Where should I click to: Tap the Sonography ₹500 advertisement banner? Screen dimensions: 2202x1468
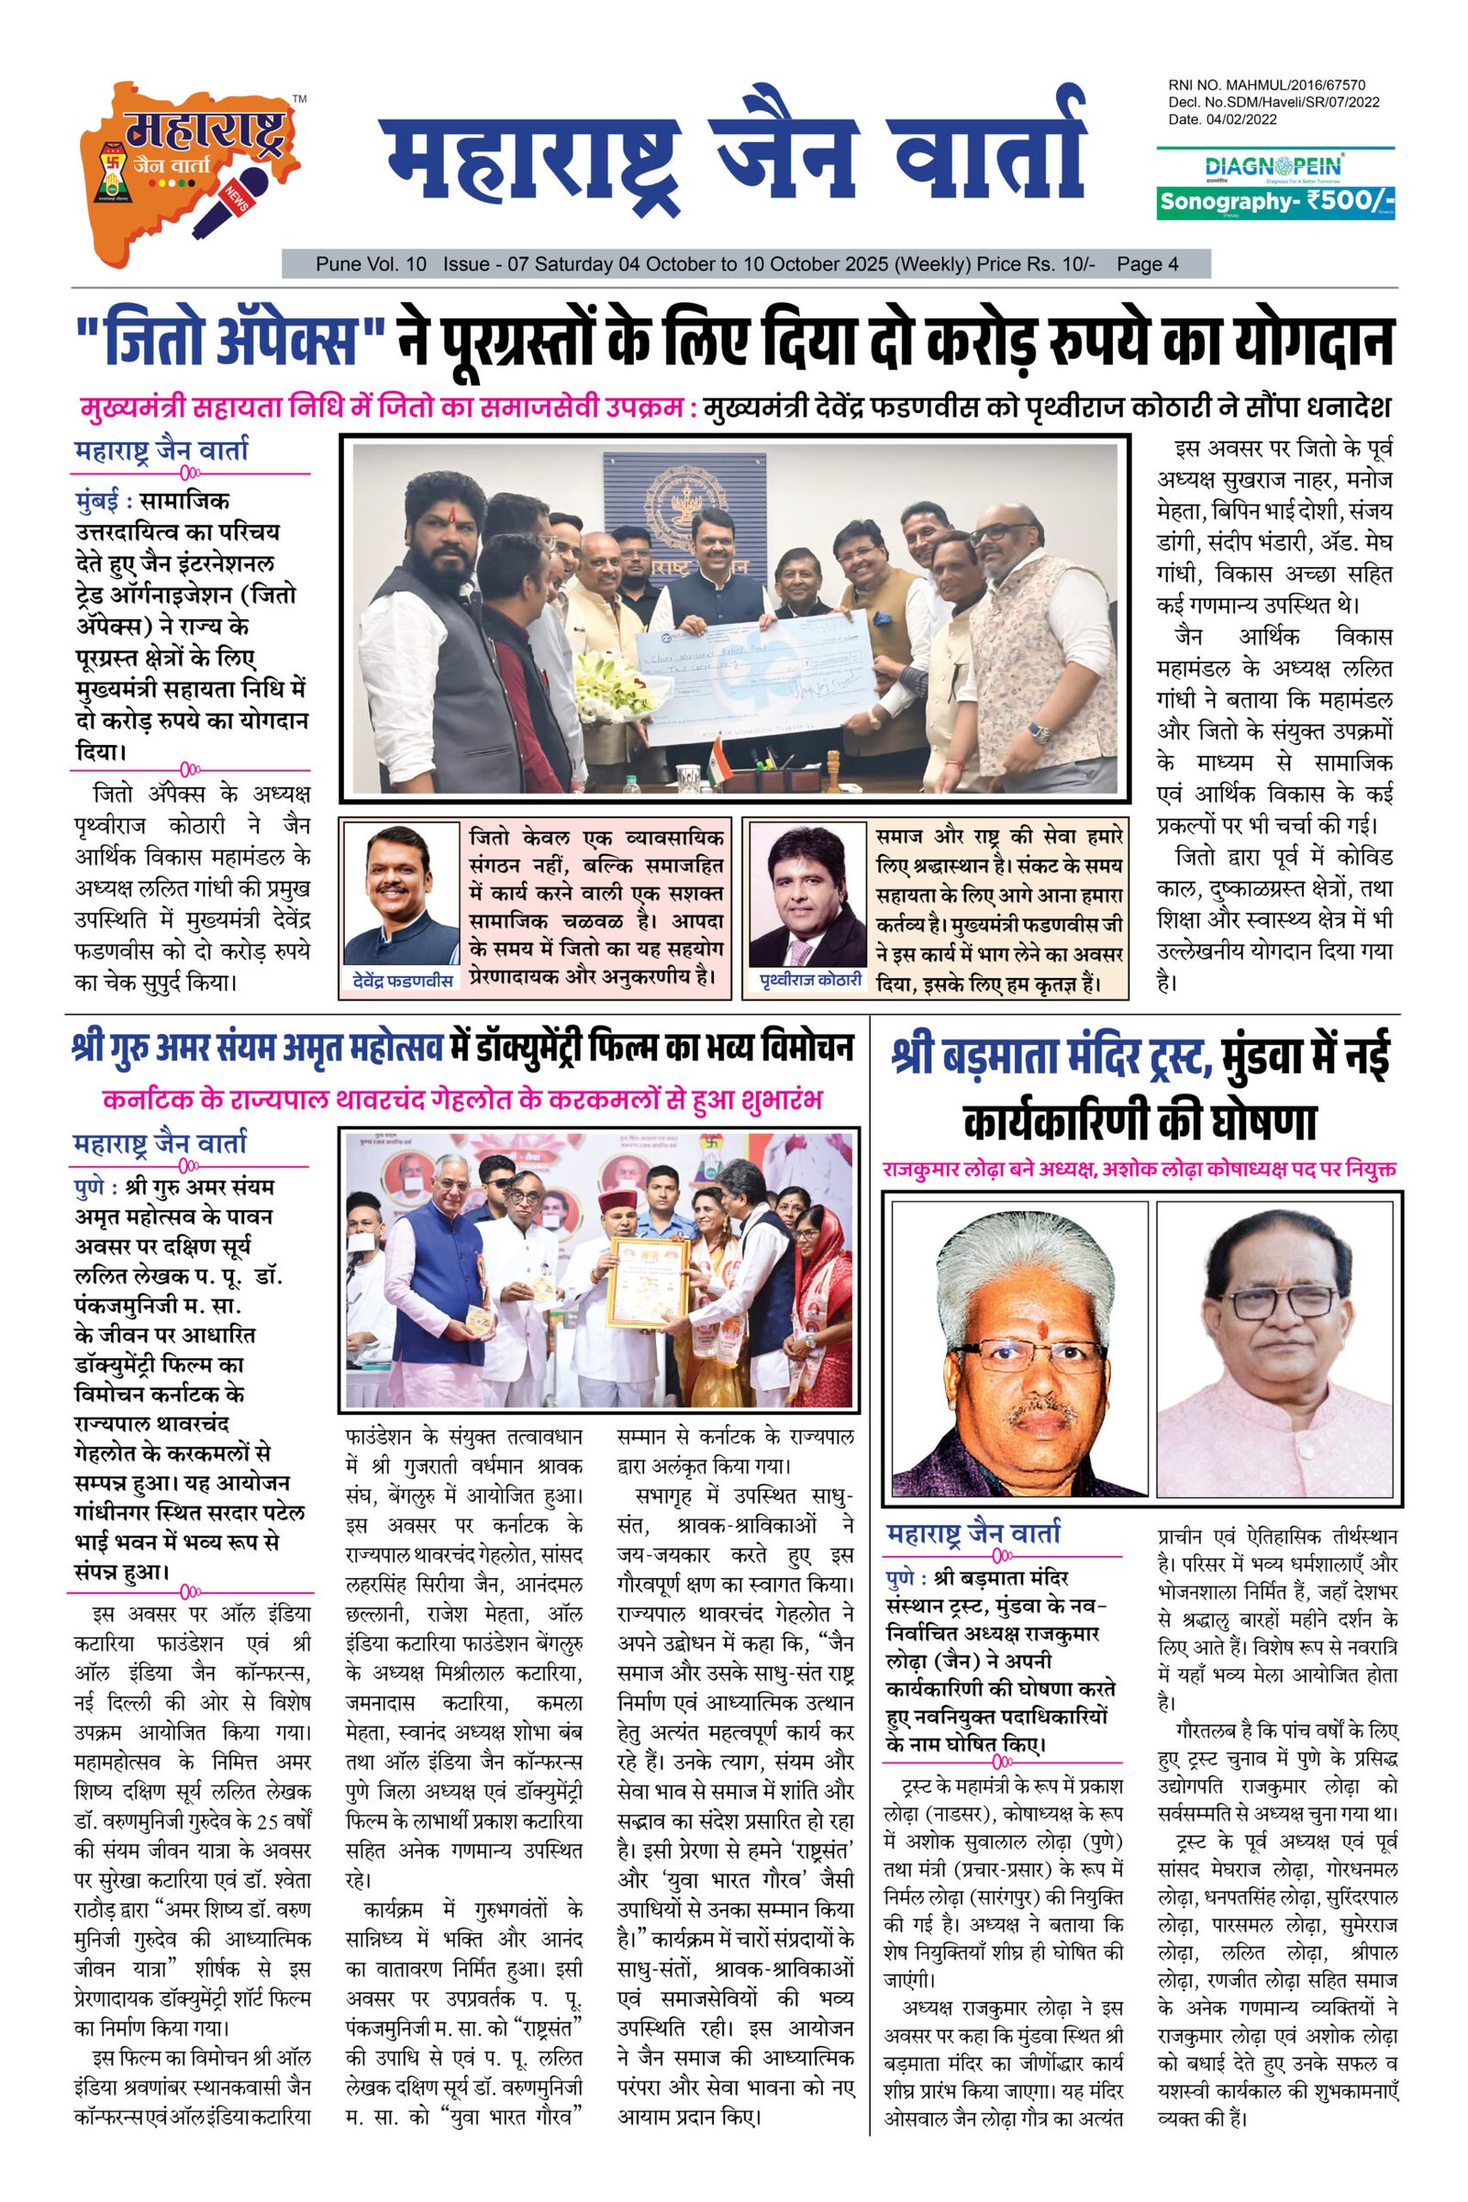[x=1276, y=201]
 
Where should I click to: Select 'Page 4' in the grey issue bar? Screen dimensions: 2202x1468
[x=1147, y=265]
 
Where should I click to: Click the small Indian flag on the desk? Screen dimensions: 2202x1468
[x=717, y=748]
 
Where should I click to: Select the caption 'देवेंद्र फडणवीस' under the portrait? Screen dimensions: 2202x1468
[x=403, y=980]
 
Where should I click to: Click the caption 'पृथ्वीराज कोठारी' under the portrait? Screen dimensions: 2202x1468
[x=811, y=979]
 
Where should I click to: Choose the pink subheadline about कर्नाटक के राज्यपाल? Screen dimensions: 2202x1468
[x=463, y=1099]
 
